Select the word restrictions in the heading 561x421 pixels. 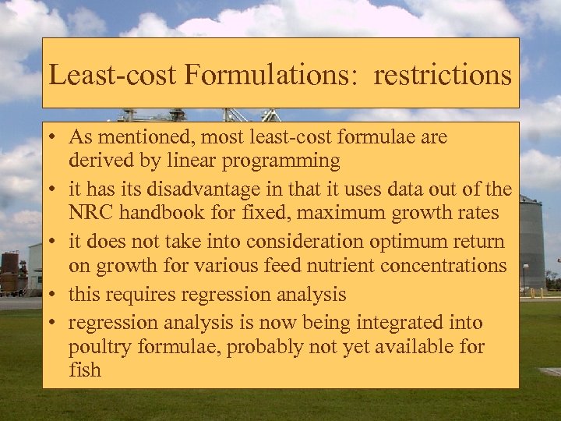[442, 75]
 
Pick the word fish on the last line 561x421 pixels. [84, 369]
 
